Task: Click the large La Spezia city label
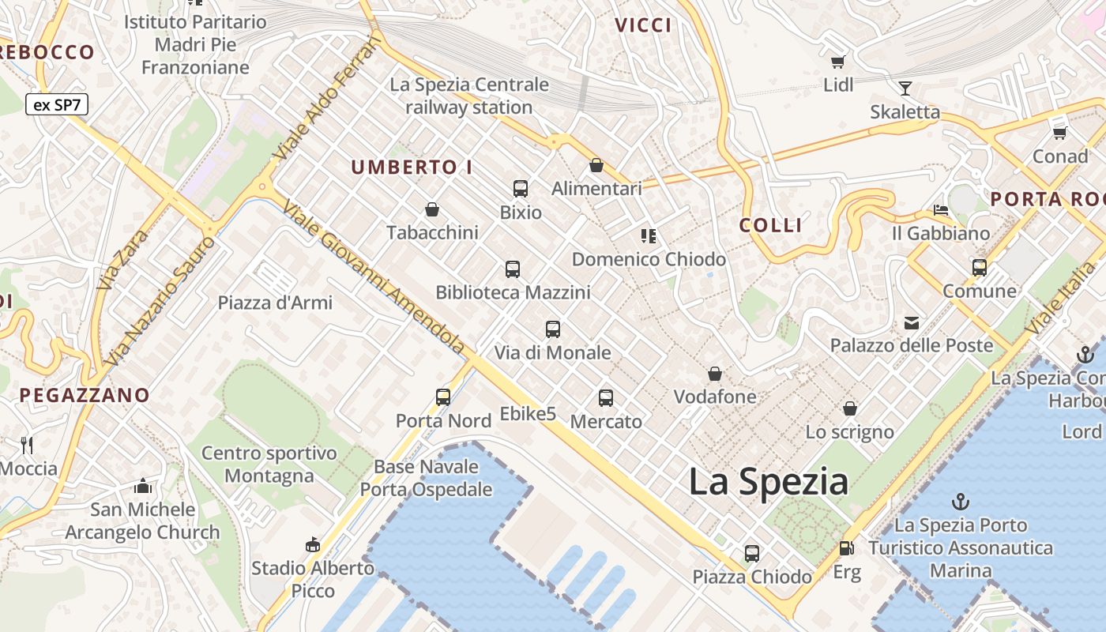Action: [768, 482]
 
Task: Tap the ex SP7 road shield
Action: [56, 104]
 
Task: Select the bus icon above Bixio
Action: [521, 189]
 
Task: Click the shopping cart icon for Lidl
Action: [837, 62]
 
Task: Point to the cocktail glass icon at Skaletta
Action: [905, 88]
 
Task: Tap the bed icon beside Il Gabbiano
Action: [940, 210]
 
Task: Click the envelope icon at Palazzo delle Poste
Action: [912, 322]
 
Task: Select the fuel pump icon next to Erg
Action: [846, 547]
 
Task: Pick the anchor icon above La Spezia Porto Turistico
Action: [961, 501]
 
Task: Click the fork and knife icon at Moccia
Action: [28, 445]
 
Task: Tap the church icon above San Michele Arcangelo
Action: [142, 485]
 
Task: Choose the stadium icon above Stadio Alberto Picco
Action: [313, 544]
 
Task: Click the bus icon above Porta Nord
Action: [443, 397]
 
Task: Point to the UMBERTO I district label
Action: [412, 167]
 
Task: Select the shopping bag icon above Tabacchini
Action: [432, 209]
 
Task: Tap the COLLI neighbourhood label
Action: [770, 225]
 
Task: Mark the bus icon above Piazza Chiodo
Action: [752, 553]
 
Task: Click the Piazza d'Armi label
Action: [275, 303]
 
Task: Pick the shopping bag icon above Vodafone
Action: [715, 373]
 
